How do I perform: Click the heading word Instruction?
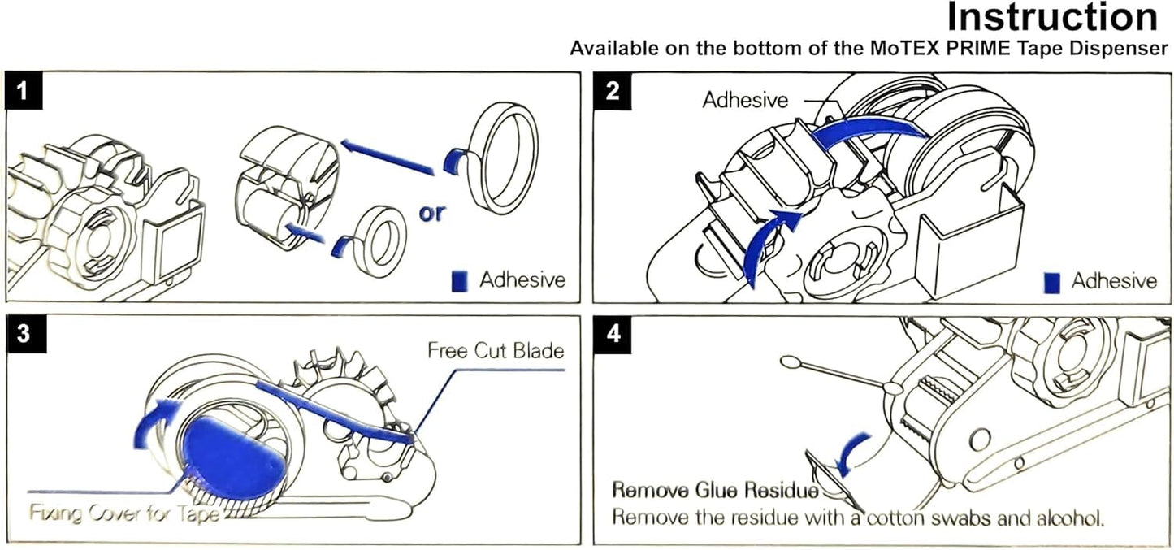1053,17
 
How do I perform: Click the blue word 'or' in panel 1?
432,214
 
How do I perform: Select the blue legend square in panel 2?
1053,282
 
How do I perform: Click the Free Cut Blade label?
496,351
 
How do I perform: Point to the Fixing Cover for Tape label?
123,513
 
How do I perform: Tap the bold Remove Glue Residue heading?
715,490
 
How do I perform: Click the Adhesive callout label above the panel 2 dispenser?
745,100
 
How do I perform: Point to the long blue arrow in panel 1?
386,156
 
